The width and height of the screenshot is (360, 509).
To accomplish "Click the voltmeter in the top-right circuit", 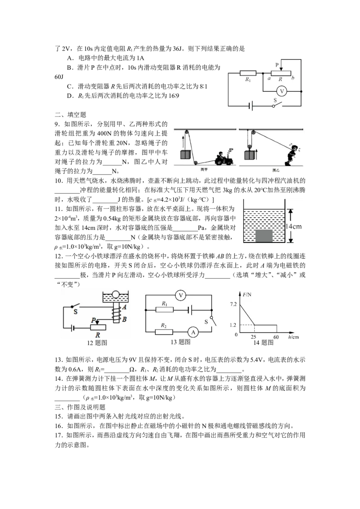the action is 282,92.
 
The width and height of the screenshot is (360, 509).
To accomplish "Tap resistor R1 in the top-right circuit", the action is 248,73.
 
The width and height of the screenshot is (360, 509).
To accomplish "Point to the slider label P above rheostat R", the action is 277,65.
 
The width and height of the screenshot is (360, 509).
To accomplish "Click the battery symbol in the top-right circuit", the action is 251,106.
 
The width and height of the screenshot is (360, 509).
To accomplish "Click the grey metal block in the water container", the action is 264,236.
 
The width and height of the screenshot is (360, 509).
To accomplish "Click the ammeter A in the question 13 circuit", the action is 193,332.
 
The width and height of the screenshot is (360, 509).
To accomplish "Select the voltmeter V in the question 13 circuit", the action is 180,295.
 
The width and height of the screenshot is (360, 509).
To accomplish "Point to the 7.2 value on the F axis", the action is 233,304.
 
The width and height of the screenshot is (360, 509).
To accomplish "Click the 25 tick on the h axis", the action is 253,337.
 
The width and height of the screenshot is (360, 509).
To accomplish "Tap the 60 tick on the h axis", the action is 276,337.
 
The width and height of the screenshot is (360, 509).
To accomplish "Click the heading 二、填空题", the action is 71,115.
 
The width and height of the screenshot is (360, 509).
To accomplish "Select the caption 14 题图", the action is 263,343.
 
